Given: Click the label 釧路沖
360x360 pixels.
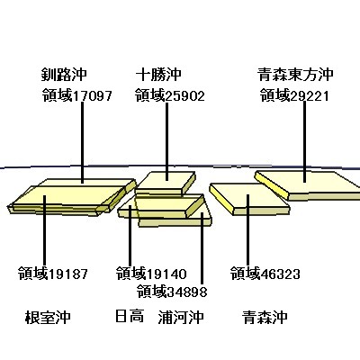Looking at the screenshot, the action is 64,75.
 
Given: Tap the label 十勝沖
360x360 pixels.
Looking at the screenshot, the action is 158,75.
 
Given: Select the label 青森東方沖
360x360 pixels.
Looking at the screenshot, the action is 295,75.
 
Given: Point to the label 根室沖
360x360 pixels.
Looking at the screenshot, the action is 48,317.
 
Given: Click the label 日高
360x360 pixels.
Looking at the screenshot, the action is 130,317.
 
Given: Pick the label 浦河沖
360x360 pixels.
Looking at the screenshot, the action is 181,317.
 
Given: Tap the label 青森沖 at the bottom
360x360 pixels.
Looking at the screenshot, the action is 265,317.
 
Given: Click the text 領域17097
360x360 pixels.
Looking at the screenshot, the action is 77,95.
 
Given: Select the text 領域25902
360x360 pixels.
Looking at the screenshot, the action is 170,95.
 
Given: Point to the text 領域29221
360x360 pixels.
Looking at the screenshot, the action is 294,95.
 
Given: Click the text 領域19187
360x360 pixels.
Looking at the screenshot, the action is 53,274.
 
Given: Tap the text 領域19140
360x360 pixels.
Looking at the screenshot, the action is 151,274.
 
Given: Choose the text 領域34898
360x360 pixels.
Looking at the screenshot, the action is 172,291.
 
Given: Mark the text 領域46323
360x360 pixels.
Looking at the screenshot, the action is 265,274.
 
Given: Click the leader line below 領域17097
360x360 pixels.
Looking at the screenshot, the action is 82,142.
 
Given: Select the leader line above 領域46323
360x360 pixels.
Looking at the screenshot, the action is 247,230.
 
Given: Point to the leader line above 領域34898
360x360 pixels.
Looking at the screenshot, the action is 202,248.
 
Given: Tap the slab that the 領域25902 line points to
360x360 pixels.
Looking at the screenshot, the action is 166,183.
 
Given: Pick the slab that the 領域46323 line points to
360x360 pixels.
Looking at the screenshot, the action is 249,199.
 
